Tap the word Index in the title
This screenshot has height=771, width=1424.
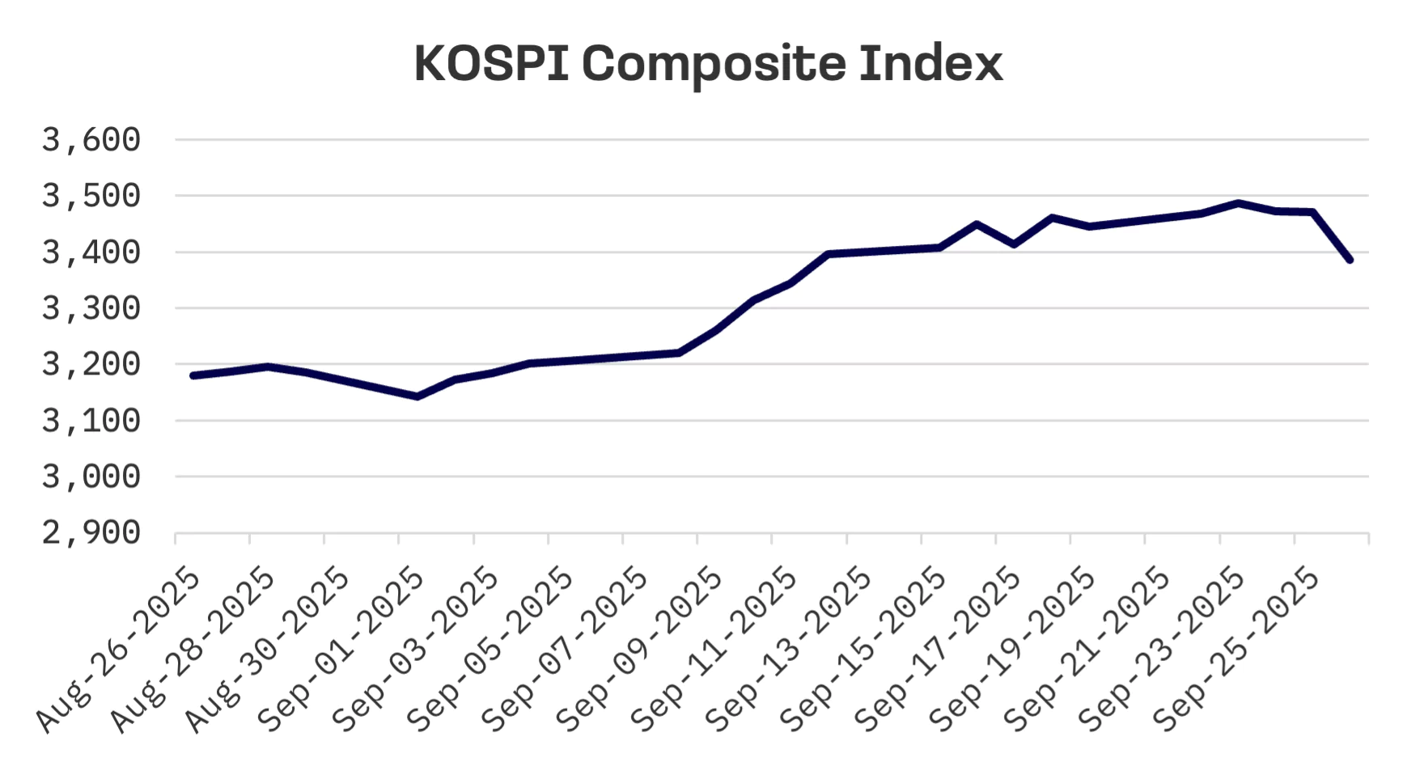[x=930, y=63]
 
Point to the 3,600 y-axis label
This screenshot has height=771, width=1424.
[x=91, y=140]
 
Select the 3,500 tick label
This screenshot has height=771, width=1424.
[x=91, y=196]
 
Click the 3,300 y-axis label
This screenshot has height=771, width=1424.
[x=91, y=308]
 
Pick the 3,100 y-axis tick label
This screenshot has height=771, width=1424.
[x=91, y=421]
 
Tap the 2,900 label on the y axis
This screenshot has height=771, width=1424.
[x=91, y=533]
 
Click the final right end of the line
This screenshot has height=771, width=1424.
[x=1350, y=260]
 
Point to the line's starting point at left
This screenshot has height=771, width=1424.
[x=193, y=375]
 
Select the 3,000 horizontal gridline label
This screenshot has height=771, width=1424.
[x=91, y=477]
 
